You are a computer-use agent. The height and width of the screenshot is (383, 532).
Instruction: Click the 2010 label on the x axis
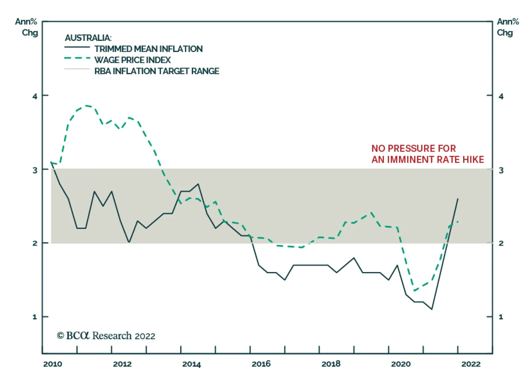[x=53, y=364]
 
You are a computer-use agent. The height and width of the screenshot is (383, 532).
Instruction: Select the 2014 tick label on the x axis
[x=192, y=364]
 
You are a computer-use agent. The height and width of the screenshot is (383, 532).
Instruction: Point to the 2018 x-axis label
[x=331, y=364]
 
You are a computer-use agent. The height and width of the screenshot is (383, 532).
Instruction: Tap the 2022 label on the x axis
[x=471, y=364]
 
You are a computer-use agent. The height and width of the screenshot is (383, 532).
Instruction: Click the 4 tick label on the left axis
[x=35, y=96]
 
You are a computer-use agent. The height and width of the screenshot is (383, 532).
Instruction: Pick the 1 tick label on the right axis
[x=501, y=317]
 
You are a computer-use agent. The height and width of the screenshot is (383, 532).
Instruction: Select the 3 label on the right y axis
[x=501, y=170]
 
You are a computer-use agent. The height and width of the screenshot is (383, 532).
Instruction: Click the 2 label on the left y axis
[x=35, y=244]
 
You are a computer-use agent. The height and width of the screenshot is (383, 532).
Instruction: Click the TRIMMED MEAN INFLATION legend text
[x=148, y=49]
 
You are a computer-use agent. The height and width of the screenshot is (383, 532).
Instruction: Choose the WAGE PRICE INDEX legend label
[x=132, y=60]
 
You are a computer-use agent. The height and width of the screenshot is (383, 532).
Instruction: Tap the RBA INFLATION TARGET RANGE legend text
[x=157, y=71]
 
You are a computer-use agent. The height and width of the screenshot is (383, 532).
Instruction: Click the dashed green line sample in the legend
[x=77, y=58]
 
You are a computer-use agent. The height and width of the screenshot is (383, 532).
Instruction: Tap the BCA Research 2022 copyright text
[x=106, y=336]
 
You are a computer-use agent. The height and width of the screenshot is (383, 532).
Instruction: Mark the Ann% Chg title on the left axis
[x=26, y=27]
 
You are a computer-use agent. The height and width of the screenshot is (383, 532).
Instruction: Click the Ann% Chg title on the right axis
[x=507, y=27]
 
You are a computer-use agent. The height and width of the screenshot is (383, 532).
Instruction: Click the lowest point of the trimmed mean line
[x=432, y=309]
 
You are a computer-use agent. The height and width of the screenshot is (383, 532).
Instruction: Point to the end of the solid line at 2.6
[x=458, y=199]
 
